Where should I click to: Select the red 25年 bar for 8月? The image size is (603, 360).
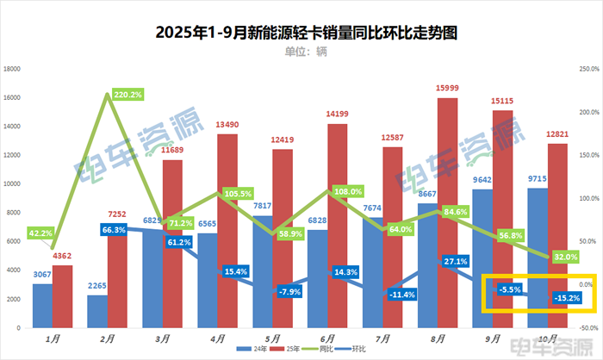[447, 215]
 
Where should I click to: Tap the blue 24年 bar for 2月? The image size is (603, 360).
[97, 312]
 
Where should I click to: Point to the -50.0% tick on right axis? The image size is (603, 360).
[590, 328]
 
